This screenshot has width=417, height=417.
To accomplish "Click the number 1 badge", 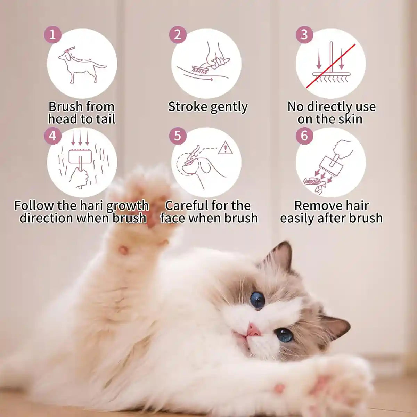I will point(52,35).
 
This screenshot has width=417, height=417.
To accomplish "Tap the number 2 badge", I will point(178,35).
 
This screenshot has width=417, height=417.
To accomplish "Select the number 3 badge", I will point(304,35).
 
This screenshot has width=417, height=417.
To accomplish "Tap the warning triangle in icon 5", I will point(225,148).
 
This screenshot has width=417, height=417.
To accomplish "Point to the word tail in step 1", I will point(105,119).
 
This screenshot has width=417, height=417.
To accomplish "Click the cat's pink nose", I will point(254,330).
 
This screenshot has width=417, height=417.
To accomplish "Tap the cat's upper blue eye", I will point(257,300).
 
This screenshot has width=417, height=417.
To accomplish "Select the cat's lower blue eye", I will point(284,335).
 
